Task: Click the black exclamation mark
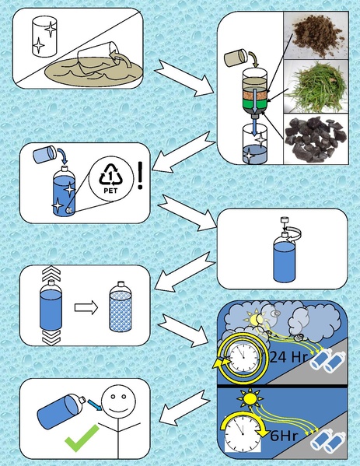tap(141, 175)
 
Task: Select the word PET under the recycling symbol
tap(110, 191)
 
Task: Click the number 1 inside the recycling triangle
tap(110, 177)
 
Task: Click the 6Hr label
tap(284, 436)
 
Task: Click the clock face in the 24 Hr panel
tap(243, 357)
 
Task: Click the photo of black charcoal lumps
tap(316, 138)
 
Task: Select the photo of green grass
tap(316, 86)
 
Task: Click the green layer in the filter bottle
tap(254, 103)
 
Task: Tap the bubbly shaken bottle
tap(121, 307)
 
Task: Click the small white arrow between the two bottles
tap(86, 307)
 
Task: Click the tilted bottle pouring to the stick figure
tap(61, 412)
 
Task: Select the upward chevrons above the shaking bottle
tap(51, 273)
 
